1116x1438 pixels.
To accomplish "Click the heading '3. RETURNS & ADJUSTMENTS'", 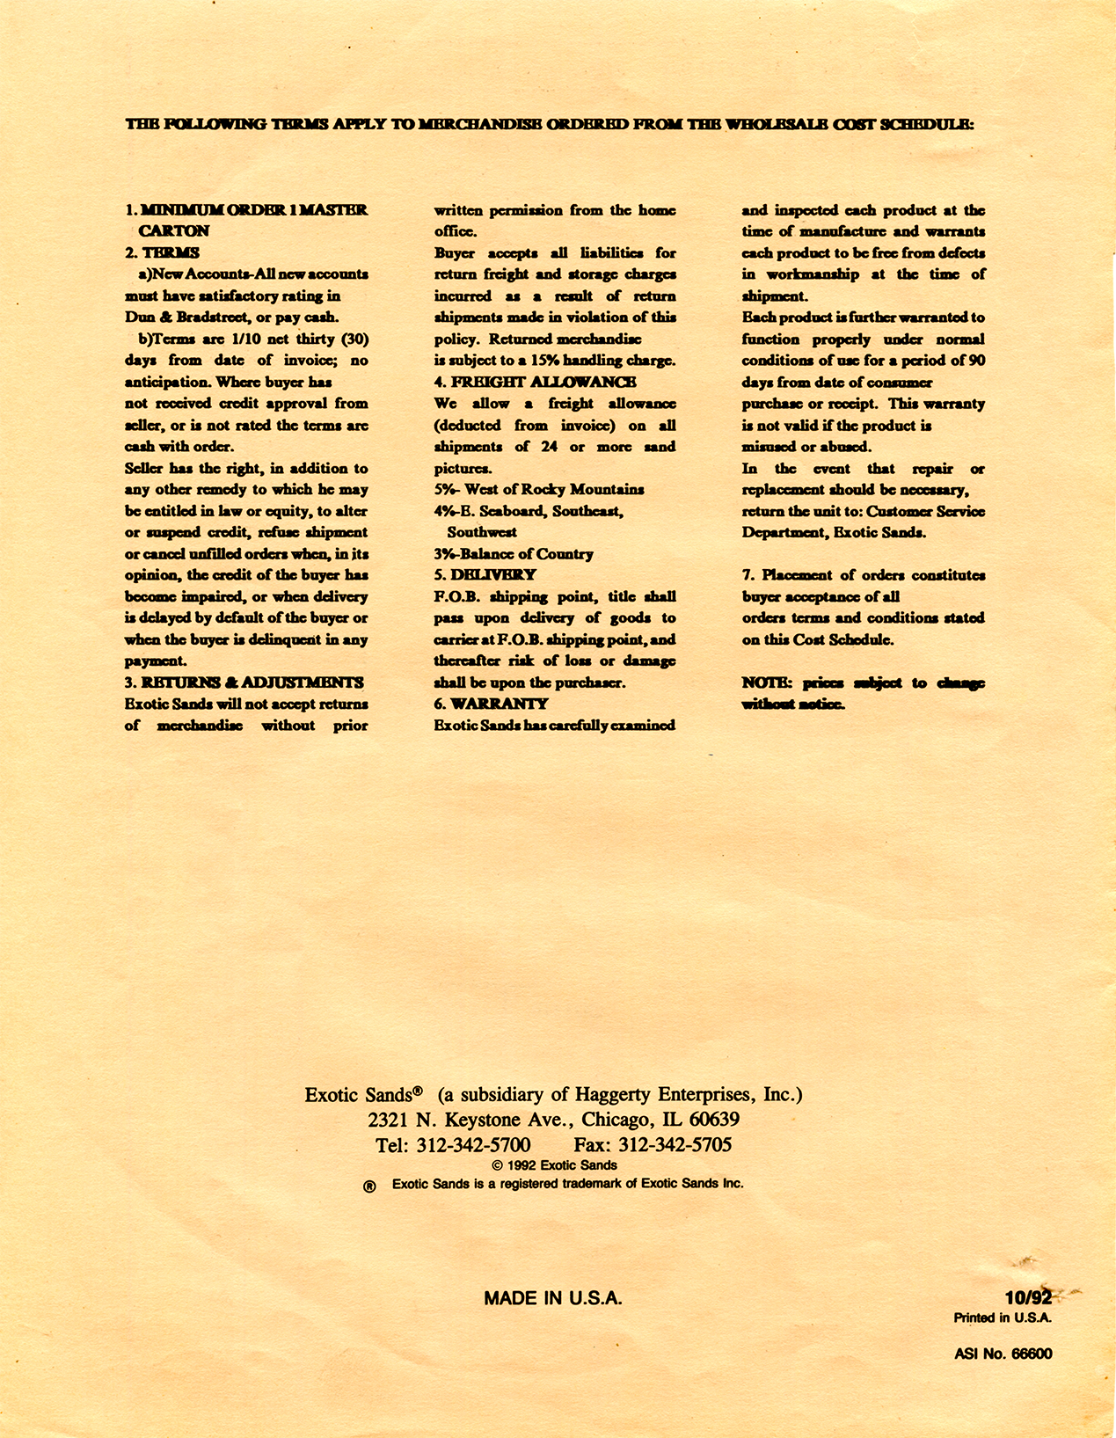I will click(x=244, y=683).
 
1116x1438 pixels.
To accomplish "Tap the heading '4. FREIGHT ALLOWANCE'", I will click(x=535, y=382).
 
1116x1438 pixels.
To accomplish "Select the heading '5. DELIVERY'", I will click(x=485, y=575).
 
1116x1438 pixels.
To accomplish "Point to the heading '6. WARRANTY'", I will click(x=491, y=704).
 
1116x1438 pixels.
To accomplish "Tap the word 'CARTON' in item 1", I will click(x=174, y=231).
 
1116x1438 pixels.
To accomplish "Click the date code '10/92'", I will click(x=1028, y=1298).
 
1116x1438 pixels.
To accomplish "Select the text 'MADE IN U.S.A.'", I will click(x=553, y=1298).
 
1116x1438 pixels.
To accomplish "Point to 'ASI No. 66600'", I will click(x=1003, y=1354).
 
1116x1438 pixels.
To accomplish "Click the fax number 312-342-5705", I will click(x=675, y=1145).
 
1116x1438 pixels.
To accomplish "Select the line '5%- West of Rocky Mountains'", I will click(x=538, y=490).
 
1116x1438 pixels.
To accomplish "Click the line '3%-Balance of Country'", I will click(x=514, y=554).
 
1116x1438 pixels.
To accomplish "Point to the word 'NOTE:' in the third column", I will click(x=768, y=683).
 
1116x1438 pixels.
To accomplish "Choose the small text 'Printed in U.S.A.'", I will click(x=1003, y=1318).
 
